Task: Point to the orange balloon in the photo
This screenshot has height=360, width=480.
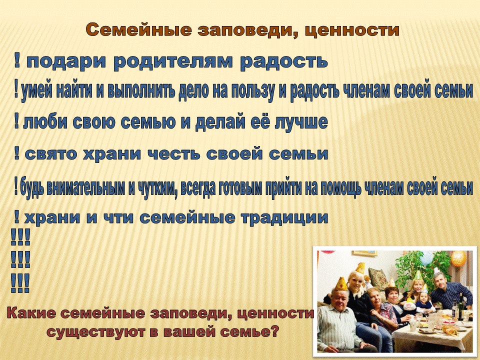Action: [458, 258]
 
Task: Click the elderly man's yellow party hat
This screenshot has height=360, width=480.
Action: [340, 284]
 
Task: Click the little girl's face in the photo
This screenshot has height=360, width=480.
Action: [423, 297]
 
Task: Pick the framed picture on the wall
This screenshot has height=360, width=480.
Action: [364, 253]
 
